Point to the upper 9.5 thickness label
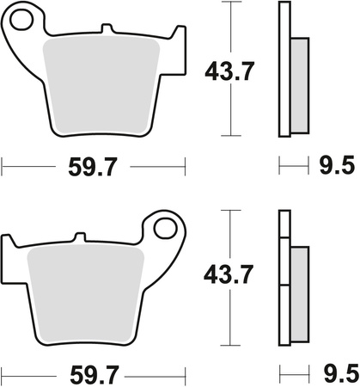click(x=331, y=162)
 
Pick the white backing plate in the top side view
click(x=284, y=69)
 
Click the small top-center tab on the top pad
click(x=107, y=32)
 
